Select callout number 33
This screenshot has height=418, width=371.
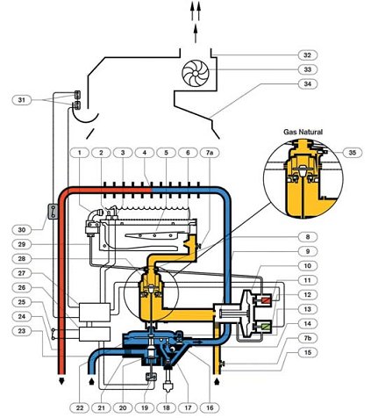(307, 69)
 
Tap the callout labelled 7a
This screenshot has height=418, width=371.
(210, 153)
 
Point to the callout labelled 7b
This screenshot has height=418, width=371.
(307, 338)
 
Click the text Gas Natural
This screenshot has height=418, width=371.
(303, 132)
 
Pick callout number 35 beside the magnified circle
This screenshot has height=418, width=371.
(353, 153)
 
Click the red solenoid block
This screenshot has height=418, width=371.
(266, 300)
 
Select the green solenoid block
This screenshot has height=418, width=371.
(266, 327)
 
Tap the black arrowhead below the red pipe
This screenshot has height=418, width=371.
(61, 380)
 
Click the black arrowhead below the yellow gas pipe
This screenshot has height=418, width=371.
(217, 381)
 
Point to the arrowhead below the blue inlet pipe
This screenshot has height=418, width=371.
(91, 380)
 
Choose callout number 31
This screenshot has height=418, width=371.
(22, 100)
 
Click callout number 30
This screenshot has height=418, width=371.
(22, 230)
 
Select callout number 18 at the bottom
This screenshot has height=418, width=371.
(167, 407)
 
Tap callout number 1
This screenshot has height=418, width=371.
(79, 153)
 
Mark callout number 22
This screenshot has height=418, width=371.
(80, 407)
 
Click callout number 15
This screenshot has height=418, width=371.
(307, 352)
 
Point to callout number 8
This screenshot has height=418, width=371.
(307, 237)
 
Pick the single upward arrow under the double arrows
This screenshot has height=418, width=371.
(196, 33)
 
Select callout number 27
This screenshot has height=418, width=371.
(22, 273)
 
